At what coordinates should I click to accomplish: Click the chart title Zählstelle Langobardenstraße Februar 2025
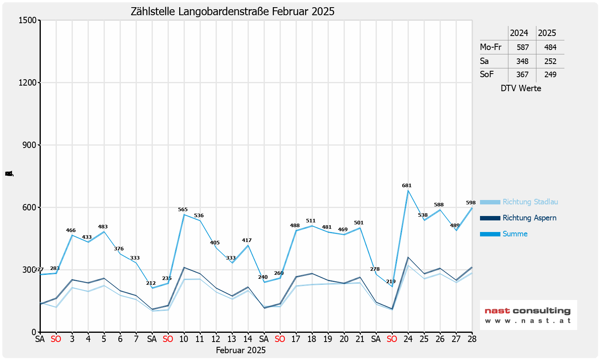tap(232, 12)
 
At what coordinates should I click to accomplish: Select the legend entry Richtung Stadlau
tap(530, 202)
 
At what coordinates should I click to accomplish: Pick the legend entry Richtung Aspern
tap(529, 218)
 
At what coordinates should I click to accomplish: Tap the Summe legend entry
tap(515, 234)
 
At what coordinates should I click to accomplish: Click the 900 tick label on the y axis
tap(30, 145)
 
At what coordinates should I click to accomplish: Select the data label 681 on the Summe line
tap(407, 186)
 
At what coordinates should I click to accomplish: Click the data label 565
tap(183, 210)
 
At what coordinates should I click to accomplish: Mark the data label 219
tap(391, 282)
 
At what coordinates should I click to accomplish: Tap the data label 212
tap(151, 283)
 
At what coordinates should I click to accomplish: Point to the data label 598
tap(471, 203)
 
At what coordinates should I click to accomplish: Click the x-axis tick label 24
tap(408, 339)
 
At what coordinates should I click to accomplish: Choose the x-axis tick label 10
tap(184, 339)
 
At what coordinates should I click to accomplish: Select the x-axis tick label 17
tap(296, 339)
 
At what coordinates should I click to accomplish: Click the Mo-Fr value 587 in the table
tap(522, 47)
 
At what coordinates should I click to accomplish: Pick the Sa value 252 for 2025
tap(550, 61)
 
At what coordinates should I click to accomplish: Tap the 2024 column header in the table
tap(519, 33)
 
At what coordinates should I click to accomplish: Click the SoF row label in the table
tap(487, 74)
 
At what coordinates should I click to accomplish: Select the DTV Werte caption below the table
tap(521, 88)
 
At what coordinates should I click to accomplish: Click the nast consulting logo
tap(528, 315)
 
